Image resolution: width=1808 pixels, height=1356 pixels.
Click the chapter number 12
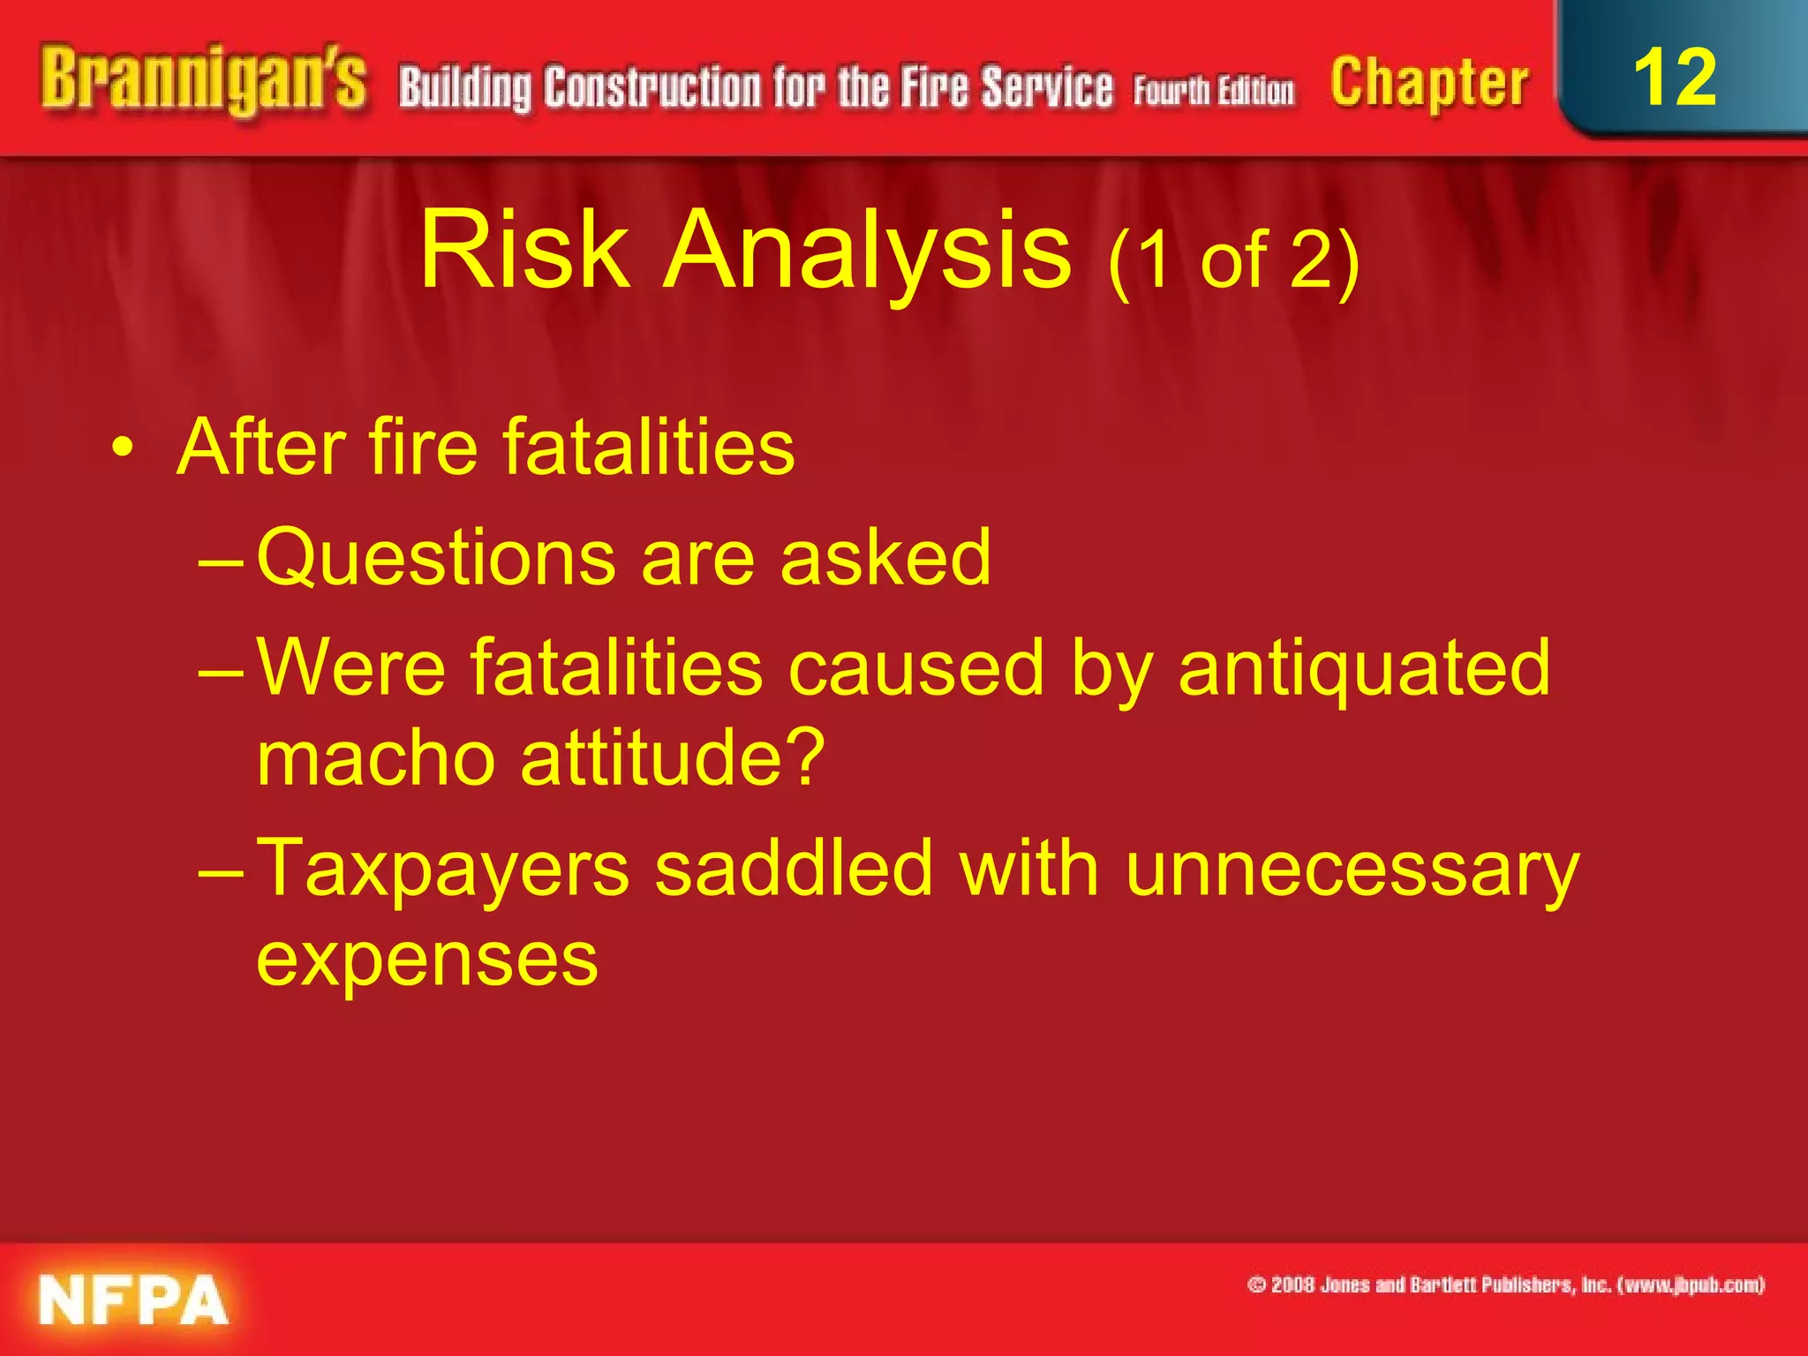coord(1675,78)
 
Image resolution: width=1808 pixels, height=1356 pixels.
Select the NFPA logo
coord(133,1299)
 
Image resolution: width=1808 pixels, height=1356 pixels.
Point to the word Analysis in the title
coord(867,252)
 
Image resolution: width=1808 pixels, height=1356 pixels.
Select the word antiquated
coord(1364,668)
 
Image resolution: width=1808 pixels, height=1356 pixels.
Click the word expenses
coord(427,960)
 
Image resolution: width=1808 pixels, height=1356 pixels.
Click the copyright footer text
coord(1505,1284)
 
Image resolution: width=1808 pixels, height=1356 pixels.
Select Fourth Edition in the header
coord(1214,91)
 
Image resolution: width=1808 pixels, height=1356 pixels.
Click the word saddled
coord(794,869)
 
